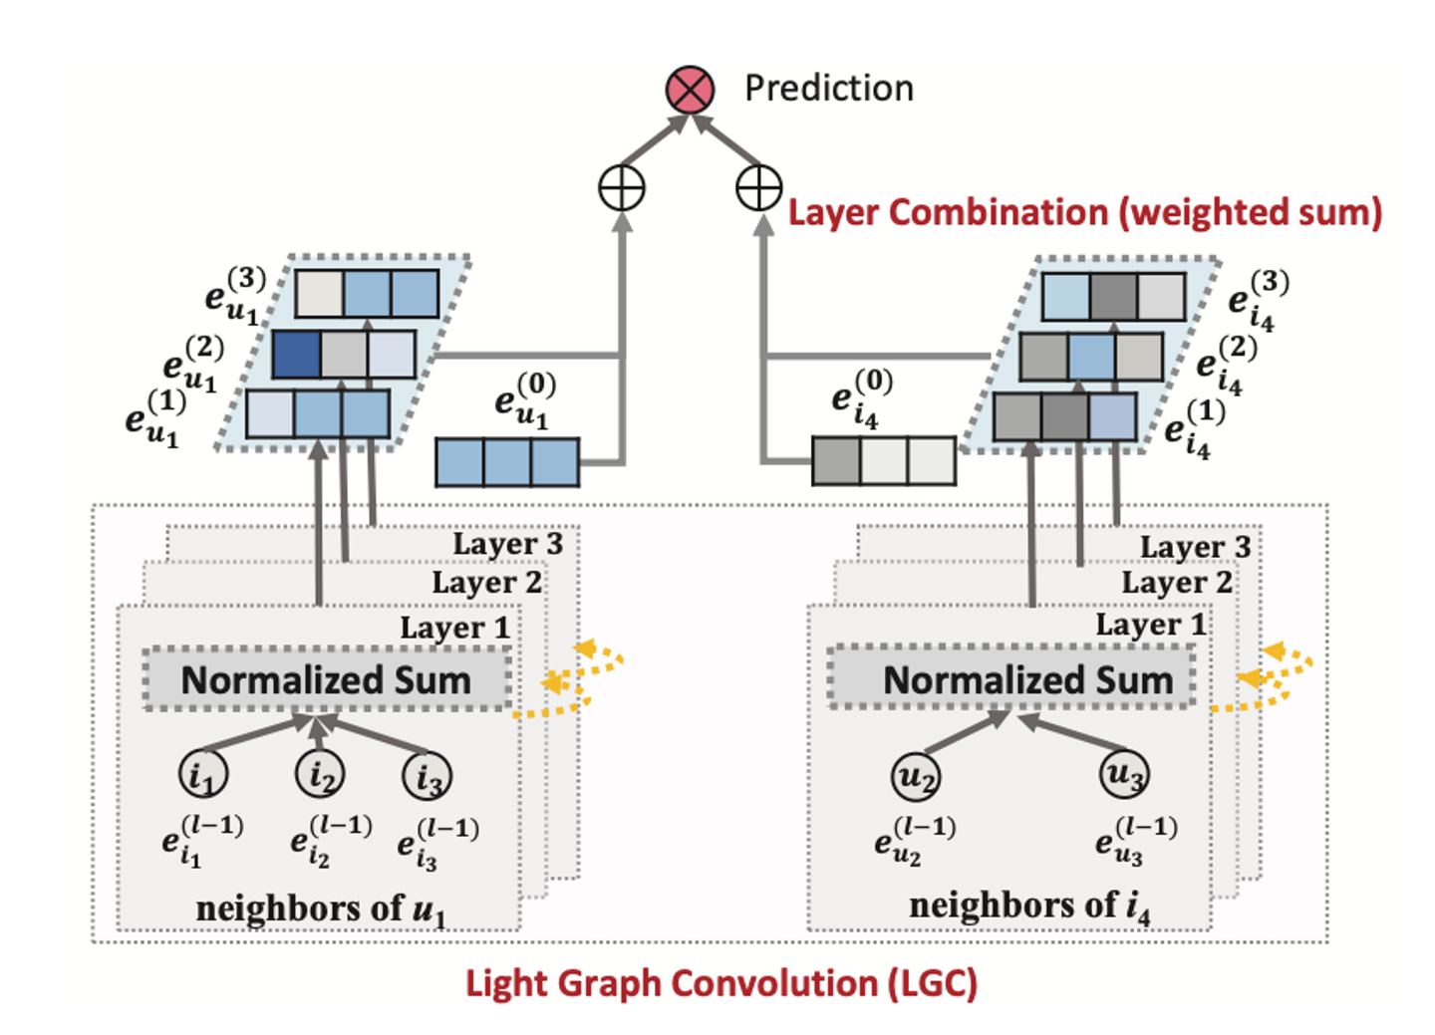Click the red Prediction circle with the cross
(x=690, y=90)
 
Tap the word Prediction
(x=828, y=89)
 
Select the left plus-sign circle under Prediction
(x=622, y=188)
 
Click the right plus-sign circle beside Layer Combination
(x=758, y=188)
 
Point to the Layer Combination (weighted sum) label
(x=1084, y=212)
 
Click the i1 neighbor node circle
(x=203, y=774)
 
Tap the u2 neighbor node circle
(x=915, y=776)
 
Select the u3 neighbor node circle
(x=1125, y=774)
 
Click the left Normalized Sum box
(x=327, y=679)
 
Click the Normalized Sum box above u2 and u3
(x=1012, y=678)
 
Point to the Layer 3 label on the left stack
(x=507, y=544)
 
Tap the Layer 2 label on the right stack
(x=1176, y=583)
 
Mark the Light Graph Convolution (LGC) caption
(x=720, y=983)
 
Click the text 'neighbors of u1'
(x=320, y=908)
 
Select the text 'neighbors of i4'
(x=1028, y=906)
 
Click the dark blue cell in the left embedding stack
(x=296, y=355)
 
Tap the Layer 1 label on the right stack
(x=1150, y=626)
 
